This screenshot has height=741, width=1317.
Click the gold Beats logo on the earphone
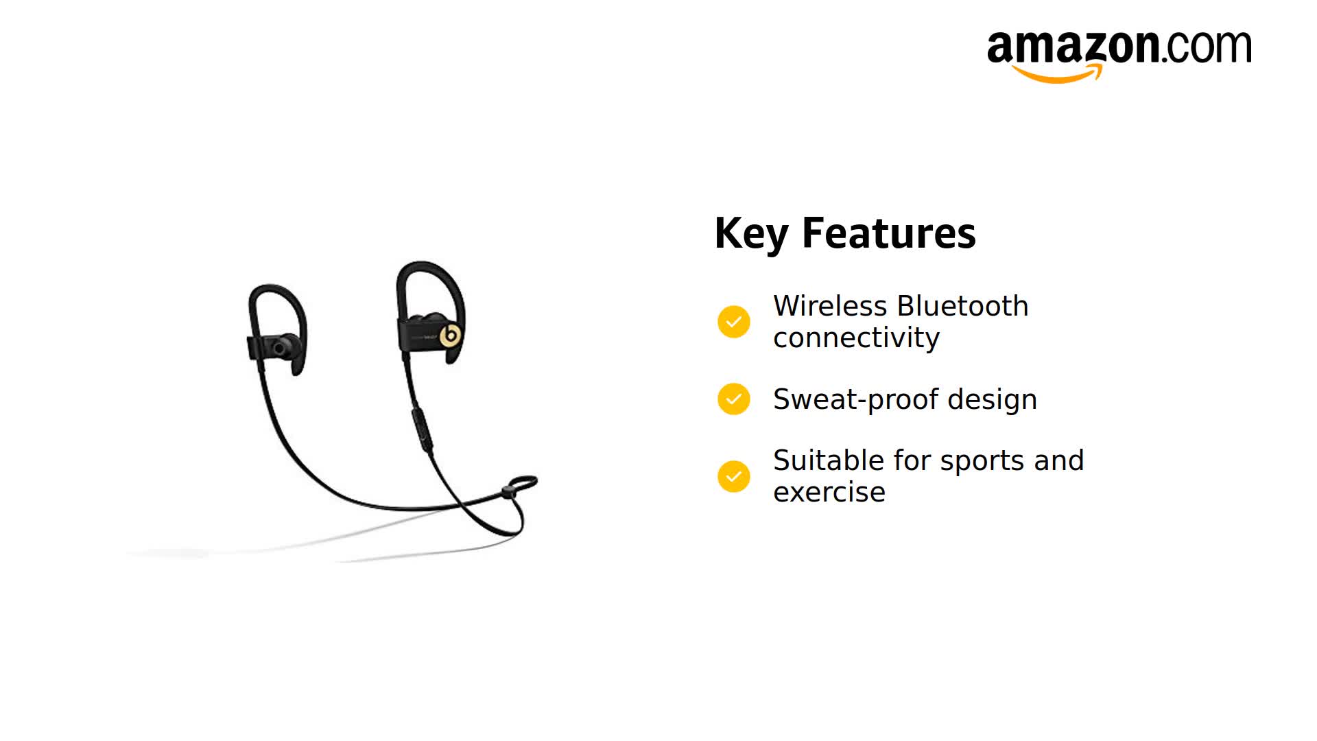point(450,336)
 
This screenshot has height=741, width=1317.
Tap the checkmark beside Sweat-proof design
point(733,399)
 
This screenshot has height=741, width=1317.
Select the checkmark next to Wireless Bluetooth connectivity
point(733,322)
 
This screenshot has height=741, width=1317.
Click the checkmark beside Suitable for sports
point(733,476)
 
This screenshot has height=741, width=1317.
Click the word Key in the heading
point(751,234)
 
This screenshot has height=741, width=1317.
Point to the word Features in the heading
point(888,233)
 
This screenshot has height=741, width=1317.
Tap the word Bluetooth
point(962,306)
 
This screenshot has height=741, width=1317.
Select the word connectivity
point(856,338)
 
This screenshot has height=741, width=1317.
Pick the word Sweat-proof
point(851,400)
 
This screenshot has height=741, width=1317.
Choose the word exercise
point(829,493)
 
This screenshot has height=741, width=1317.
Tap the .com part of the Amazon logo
point(1206,47)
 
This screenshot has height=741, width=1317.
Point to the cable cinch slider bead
point(508,491)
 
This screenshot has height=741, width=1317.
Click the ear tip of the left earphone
point(278,348)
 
